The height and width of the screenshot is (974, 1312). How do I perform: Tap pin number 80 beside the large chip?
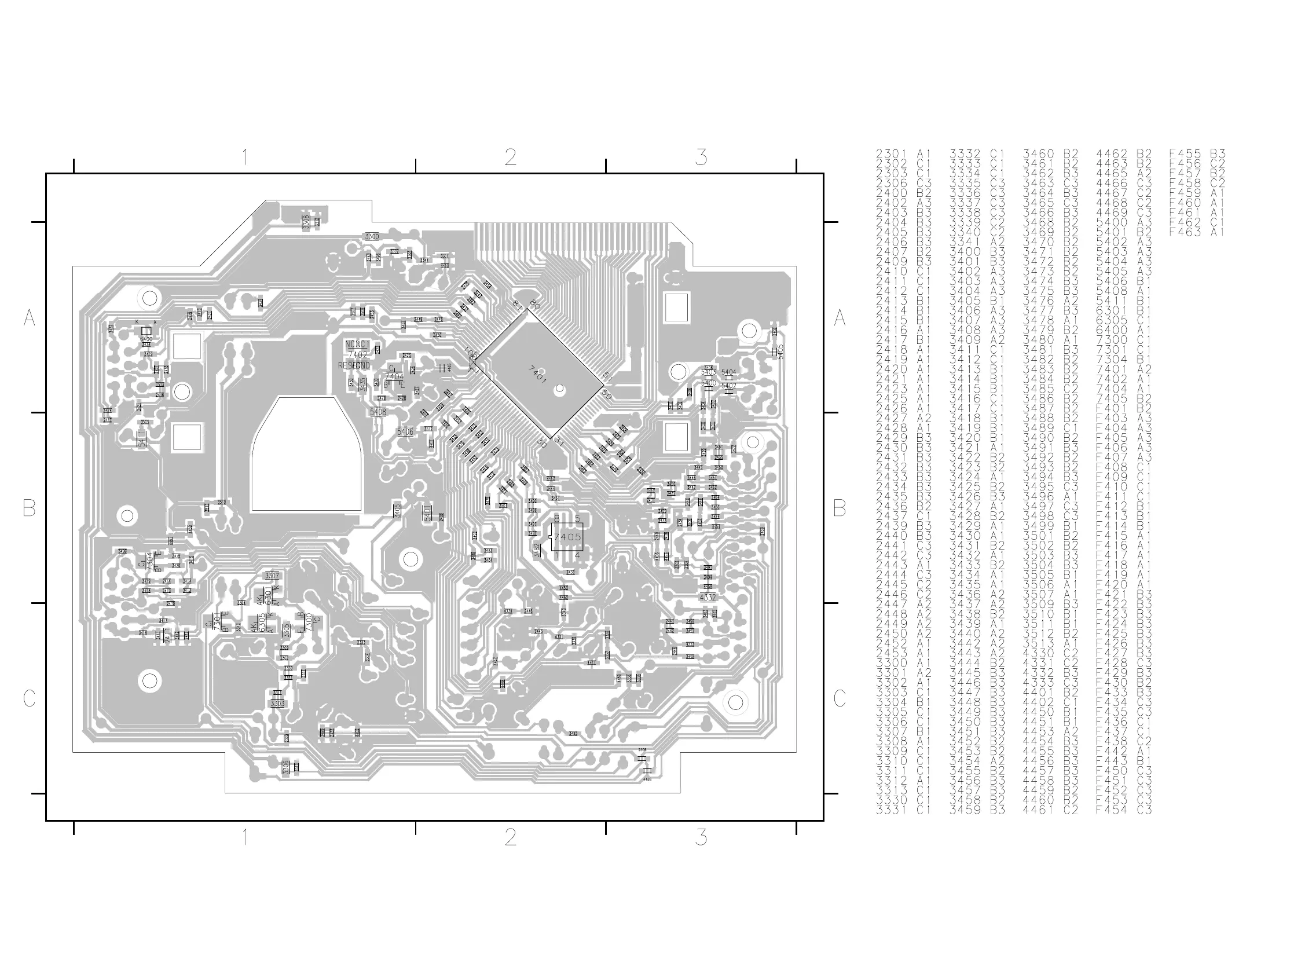pos(534,304)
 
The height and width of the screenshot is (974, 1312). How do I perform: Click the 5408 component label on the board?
pos(378,412)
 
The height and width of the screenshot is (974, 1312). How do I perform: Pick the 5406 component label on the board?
pos(405,431)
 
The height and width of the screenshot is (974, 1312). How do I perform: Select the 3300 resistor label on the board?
pos(372,236)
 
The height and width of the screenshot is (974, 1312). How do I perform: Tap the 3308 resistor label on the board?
pos(305,222)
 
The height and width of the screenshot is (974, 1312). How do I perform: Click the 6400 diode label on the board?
pos(145,339)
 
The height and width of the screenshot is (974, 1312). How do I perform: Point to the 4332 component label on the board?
pos(708,597)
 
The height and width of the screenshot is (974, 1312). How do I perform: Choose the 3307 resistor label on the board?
pos(272,575)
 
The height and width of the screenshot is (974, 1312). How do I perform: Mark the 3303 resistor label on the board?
pos(277,704)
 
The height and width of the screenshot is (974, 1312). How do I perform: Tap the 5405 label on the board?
pos(780,352)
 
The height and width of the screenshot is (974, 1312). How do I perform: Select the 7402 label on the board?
pos(357,354)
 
